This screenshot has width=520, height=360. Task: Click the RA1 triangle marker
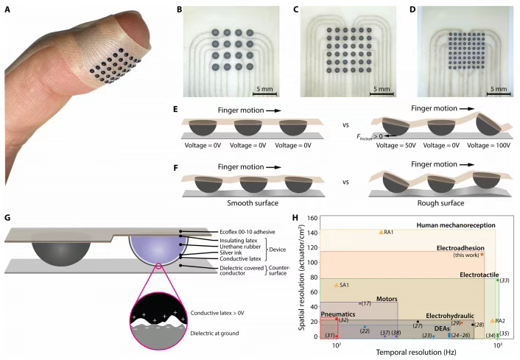click(381, 232)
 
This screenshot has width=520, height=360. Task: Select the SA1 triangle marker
click(337, 284)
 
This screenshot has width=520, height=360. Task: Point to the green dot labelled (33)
click(498, 280)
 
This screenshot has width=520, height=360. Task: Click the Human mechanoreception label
click(455, 224)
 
